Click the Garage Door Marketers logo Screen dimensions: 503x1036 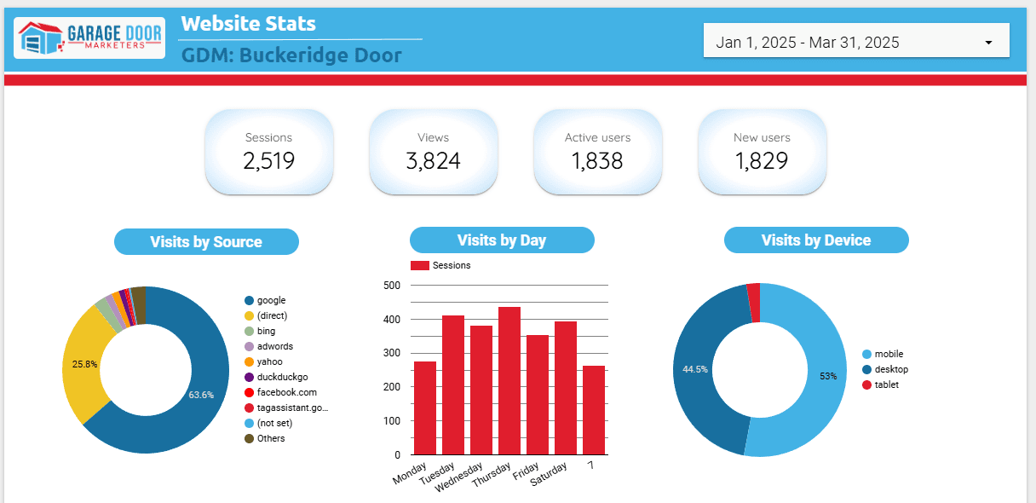(89, 38)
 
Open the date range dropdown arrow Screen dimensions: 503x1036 (988, 43)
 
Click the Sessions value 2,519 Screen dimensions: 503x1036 (268, 160)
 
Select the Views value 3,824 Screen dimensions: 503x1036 (433, 160)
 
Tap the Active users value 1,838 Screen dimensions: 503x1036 (597, 160)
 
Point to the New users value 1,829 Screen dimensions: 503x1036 (762, 160)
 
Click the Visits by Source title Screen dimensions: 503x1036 (206, 242)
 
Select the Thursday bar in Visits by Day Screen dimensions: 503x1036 (509, 380)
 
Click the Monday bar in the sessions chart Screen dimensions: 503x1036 (425, 408)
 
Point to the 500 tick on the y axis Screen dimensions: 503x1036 (392, 286)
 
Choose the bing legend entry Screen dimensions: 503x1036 (266, 331)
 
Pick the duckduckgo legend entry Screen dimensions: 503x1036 (281, 377)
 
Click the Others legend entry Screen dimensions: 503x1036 (270, 438)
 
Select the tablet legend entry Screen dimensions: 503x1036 (886, 384)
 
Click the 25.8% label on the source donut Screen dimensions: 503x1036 (84, 364)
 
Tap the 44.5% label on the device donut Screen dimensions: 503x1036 (695, 369)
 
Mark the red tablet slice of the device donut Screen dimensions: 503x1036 (754, 303)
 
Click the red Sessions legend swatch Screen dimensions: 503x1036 (420, 265)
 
